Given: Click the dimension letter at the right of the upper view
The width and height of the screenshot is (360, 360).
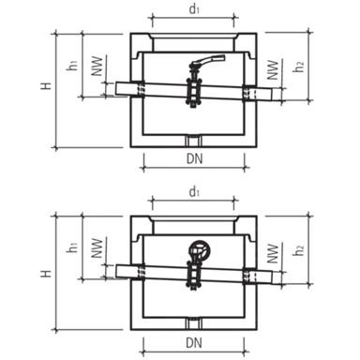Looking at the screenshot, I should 301,65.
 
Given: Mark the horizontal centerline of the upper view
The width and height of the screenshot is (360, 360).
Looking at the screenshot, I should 187,89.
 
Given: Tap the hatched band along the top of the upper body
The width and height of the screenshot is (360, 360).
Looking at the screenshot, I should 187,42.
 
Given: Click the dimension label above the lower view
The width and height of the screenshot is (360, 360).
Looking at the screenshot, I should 192,190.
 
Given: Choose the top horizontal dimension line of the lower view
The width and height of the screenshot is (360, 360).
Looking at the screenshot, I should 192,201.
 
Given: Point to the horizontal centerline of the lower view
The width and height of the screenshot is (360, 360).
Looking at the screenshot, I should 187,273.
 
